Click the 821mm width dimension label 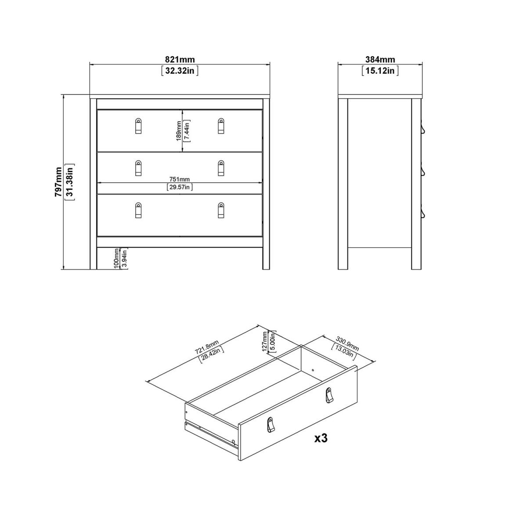click(180, 59)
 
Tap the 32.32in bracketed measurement click(180, 71)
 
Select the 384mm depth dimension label click(380, 59)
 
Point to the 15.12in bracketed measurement click(380, 71)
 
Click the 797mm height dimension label click(58, 181)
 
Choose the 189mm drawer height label click(179, 131)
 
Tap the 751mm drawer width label click(180, 180)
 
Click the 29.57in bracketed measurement click(180, 187)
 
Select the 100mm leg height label click(117, 258)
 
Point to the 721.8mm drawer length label click(207, 347)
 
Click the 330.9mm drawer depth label click(347, 344)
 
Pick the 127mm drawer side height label click(264, 341)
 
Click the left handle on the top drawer click(138, 126)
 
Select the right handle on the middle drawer click(221, 168)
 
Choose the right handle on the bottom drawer click(221, 210)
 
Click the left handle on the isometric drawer click(270, 425)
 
